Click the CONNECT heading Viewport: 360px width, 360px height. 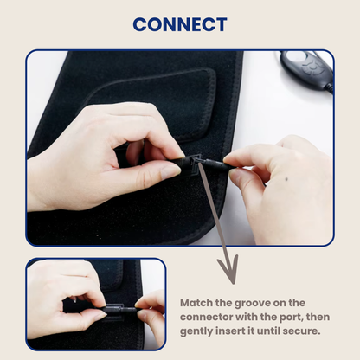click(x=180, y=24)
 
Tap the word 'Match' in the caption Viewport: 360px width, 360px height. click(x=196, y=303)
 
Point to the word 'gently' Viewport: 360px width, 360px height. click(x=196, y=331)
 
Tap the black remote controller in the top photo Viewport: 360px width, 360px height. click(x=306, y=68)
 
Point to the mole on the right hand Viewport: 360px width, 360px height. click(x=286, y=179)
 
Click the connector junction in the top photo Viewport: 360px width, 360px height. click(x=197, y=161)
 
